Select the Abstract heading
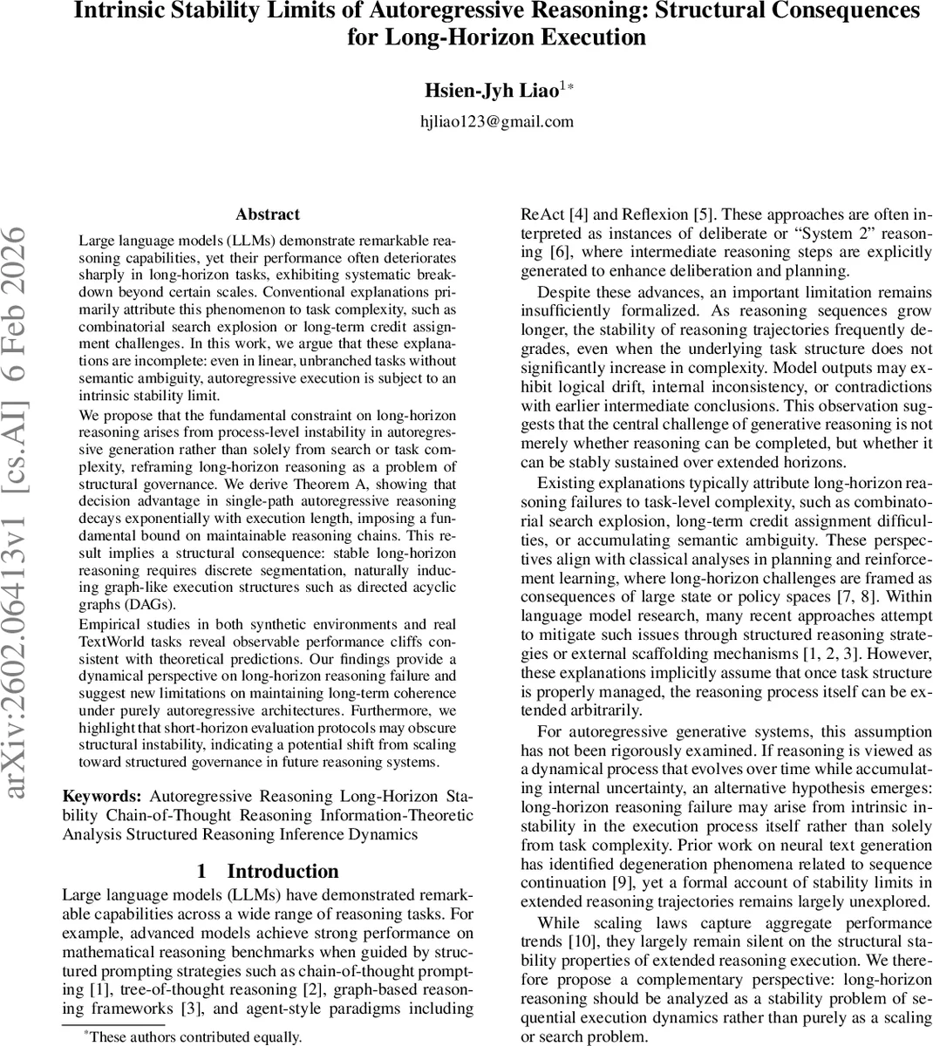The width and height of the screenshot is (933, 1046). coord(268,214)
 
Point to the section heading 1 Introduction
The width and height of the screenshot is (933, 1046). coord(268,871)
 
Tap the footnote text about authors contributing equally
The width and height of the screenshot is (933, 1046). coord(192,1036)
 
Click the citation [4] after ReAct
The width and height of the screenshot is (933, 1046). coord(580,214)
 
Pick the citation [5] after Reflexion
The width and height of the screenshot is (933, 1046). coord(703,214)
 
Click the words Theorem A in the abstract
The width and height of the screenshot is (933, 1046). coord(367,485)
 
